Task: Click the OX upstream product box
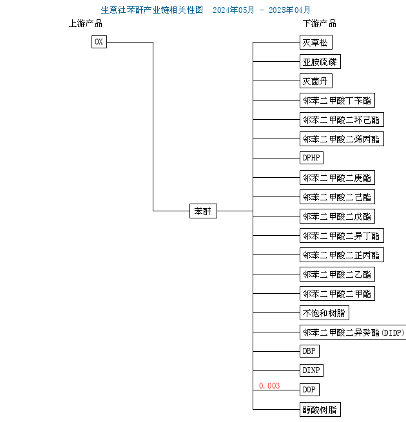click(99, 42)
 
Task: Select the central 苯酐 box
click(203, 211)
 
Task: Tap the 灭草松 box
click(316, 43)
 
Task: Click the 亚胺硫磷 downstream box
click(320, 62)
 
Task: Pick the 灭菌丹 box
click(316, 81)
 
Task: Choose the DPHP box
click(311, 158)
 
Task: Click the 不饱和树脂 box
click(324, 312)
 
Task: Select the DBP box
click(309, 351)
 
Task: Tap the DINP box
click(311, 370)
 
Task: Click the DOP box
click(309, 390)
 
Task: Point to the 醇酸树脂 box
click(320, 409)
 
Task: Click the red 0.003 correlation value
click(269, 386)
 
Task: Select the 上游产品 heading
click(86, 23)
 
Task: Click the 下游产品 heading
click(319, 23)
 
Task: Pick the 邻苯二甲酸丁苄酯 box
click(337, 100)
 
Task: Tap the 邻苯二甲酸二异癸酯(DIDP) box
click(353, 332)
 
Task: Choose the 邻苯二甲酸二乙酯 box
click(337, 274)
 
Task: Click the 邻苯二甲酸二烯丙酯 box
click(342, 139)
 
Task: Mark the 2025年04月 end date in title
click(289, 10)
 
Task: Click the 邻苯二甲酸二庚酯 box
click(337, 177)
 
